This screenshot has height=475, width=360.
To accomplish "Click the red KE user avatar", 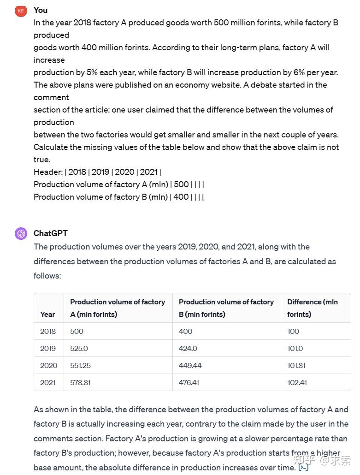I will click(x=21, y=11).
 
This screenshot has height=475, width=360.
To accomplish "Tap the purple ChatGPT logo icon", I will click(x=21, y=233).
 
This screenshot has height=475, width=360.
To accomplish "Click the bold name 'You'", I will click(x=41, y=10).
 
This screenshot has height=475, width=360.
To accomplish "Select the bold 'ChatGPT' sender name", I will click(x=50, y=233).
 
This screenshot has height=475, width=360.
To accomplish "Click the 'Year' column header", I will click(x=47, y=314).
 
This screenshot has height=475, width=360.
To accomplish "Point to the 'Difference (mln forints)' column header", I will click(x=312, y=308).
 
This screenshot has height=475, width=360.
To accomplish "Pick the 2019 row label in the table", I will click(x=48, y=348).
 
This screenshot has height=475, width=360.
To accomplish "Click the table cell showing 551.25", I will click(x=80, y=365).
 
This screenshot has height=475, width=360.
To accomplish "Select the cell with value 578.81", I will click(x=80, y=382).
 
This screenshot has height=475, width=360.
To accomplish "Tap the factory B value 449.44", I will click(x=190, y=365).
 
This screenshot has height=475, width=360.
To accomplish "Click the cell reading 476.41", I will click(x=189, y=382).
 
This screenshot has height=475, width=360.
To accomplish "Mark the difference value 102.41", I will click(x=297, y=382).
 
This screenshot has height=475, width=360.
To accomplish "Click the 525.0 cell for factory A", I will click(x=79, y=348).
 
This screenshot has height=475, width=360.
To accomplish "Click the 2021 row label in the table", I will click(x=48, y=382).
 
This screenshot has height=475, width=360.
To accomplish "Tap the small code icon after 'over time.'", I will click(x=303, y=467).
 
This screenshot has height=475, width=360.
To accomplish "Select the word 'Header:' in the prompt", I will click(x=48, y=172).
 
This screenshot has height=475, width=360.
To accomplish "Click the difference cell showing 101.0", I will click(x=295, y=348).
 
